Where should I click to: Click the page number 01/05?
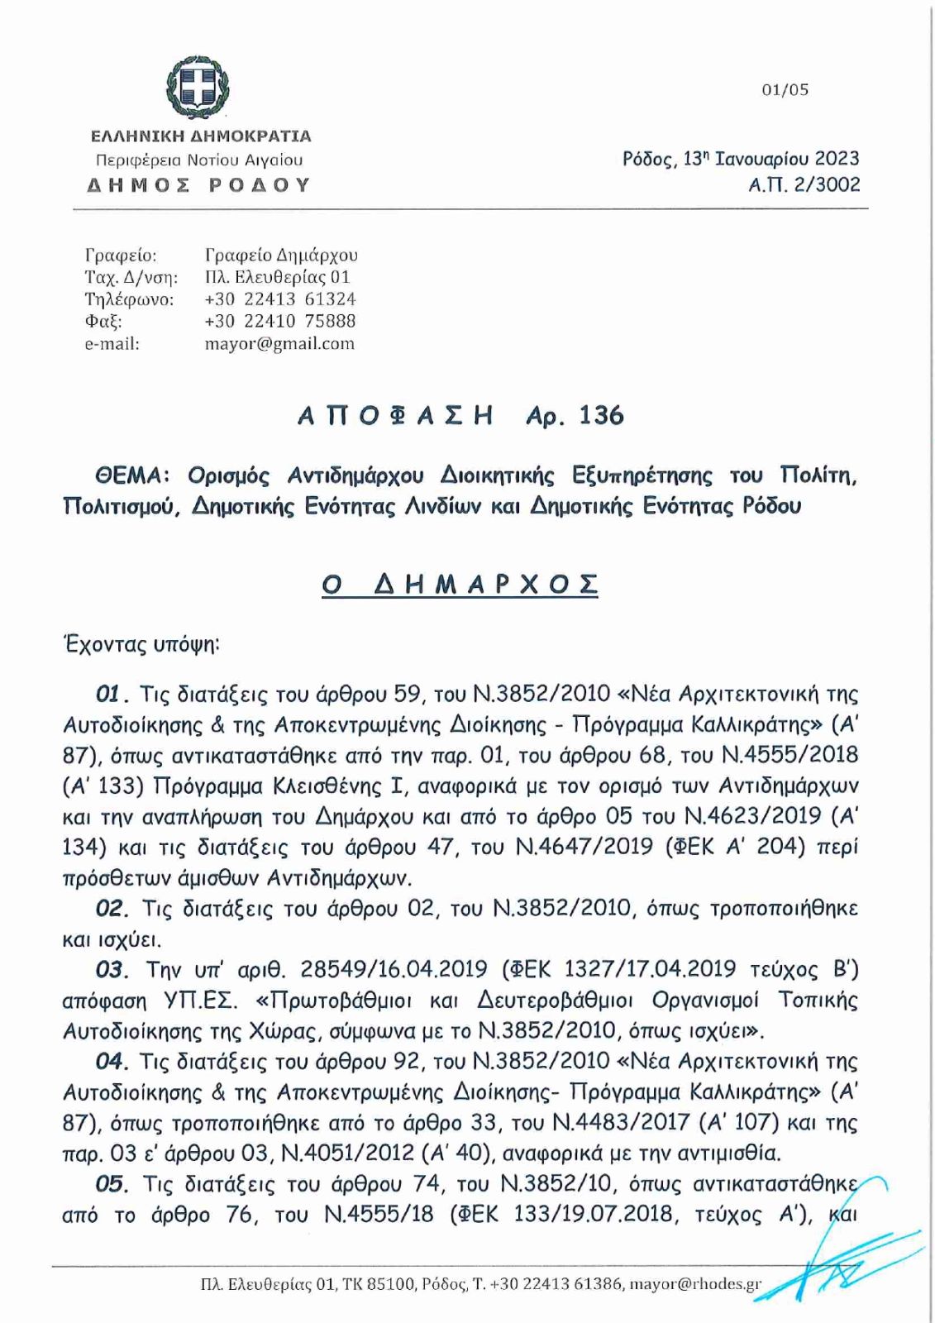point(785,90)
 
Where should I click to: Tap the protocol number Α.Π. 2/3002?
point(804,184)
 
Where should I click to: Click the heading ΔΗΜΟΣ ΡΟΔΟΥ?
point(198,184)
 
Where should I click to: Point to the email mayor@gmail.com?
point(279,343)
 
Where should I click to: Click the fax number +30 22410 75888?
point(279,321)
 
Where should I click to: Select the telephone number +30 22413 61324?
point(279,299)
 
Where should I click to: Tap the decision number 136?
point(601,415)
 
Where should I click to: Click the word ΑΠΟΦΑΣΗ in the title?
point(395,416)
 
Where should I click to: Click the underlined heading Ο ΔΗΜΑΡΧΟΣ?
point(460,585)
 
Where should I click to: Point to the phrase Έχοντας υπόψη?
point(142,645)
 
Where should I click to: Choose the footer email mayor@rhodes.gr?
point(695,1284)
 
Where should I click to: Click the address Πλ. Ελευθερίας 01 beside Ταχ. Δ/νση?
point(278,277)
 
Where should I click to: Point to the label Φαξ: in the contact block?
point(103,321)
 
